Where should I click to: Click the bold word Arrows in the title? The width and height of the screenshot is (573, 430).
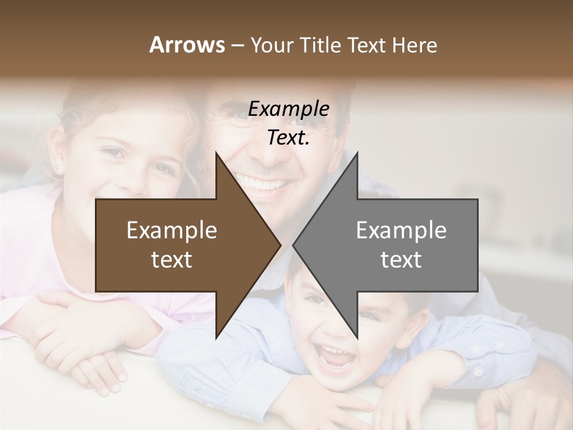click(187, 45)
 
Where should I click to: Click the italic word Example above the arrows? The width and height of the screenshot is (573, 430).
click(288, 109)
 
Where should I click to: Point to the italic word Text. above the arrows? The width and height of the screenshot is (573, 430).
click(288, 138)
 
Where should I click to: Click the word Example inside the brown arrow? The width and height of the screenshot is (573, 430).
click(172, 231)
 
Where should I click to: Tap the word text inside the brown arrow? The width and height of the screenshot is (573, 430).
click(172, 260)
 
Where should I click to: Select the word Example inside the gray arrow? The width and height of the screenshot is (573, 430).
click(401, 231)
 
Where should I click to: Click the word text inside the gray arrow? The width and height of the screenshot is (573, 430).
click(401, 260)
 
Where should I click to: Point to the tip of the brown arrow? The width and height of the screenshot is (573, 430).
click(280, 245)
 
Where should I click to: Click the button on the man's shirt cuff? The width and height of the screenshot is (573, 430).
click(478, 371)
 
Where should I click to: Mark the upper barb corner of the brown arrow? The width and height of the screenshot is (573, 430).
click(215, 152)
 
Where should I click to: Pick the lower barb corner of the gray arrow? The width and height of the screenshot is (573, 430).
click(358, 339)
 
